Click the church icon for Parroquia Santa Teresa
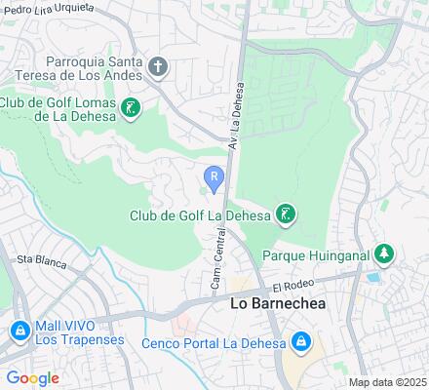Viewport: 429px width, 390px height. [159, 67]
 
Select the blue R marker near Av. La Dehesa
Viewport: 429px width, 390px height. [214, 176]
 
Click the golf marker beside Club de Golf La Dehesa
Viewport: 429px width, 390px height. [285, 214]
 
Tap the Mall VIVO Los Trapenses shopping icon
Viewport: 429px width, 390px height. [19, 331]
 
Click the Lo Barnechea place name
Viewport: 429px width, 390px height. [277, 303]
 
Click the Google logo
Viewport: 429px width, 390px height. [32, 377]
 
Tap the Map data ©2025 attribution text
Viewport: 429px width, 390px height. [388, 381]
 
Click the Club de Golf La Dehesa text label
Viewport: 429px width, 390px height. [201, 215]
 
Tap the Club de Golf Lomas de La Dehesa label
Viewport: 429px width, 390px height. [58, 109]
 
